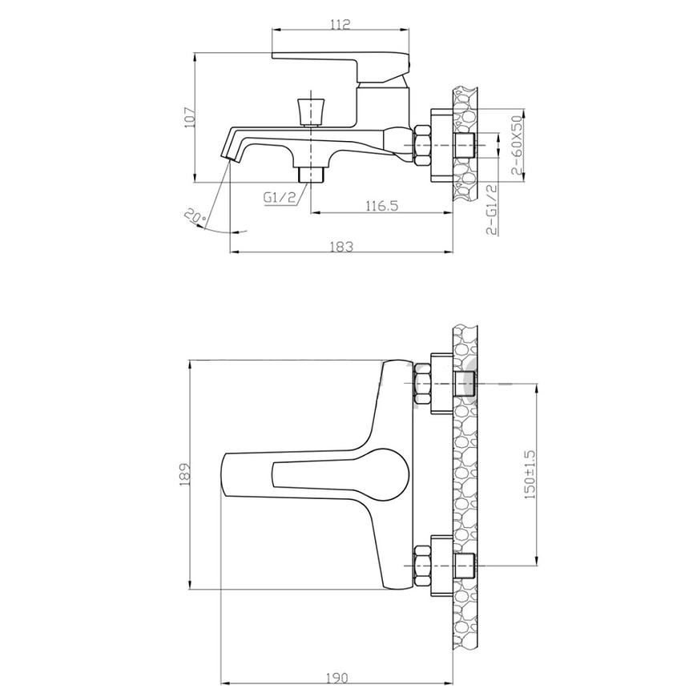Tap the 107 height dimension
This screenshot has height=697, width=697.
[x=190, y=117]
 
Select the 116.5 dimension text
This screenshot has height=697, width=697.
[x=382, y=206]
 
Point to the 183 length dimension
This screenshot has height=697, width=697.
[x=342, y=246]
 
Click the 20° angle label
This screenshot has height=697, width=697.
[x=195, y=216]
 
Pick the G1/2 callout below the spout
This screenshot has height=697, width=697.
[x=280, y=197]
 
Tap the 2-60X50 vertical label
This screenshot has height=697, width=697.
[x=517, y=145]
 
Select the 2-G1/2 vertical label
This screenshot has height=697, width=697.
[x=492, y=209]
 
